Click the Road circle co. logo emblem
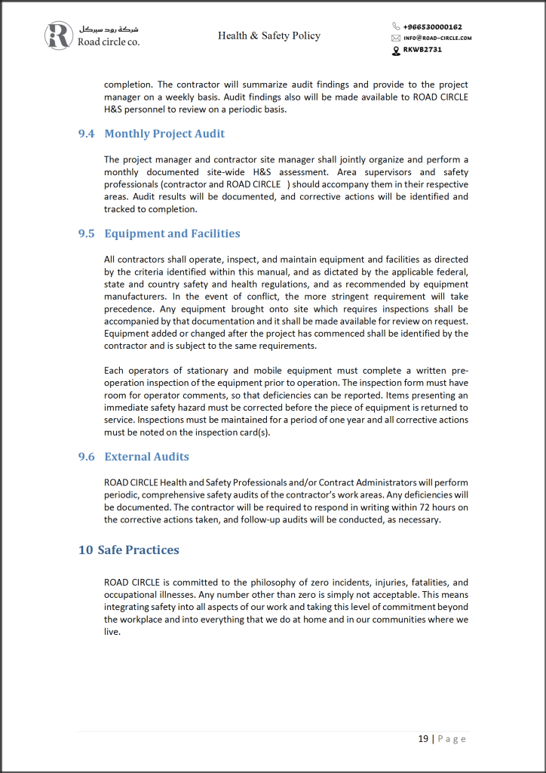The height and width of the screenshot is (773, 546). point(59,35)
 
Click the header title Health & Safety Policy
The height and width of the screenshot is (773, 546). point(269,35)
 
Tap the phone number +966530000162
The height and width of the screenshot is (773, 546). point(432,27)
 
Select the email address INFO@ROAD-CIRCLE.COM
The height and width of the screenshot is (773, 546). point(437,38)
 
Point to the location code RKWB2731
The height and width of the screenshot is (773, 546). point(422,49)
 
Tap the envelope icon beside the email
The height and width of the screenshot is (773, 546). point(396,38)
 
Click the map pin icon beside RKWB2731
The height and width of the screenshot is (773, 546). point(396,50)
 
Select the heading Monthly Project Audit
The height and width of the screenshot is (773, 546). point(164,134)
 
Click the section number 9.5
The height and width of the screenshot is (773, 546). point(87,233)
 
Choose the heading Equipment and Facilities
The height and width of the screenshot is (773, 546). point(172,233)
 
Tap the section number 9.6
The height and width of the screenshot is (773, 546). point(87,457)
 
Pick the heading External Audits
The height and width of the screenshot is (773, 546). point(146,457)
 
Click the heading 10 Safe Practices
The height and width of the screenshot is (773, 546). point(129,550)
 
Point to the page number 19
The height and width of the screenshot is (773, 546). point(423,738)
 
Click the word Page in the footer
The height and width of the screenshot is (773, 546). point(452,738)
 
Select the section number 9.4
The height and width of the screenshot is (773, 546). point(87,134)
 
